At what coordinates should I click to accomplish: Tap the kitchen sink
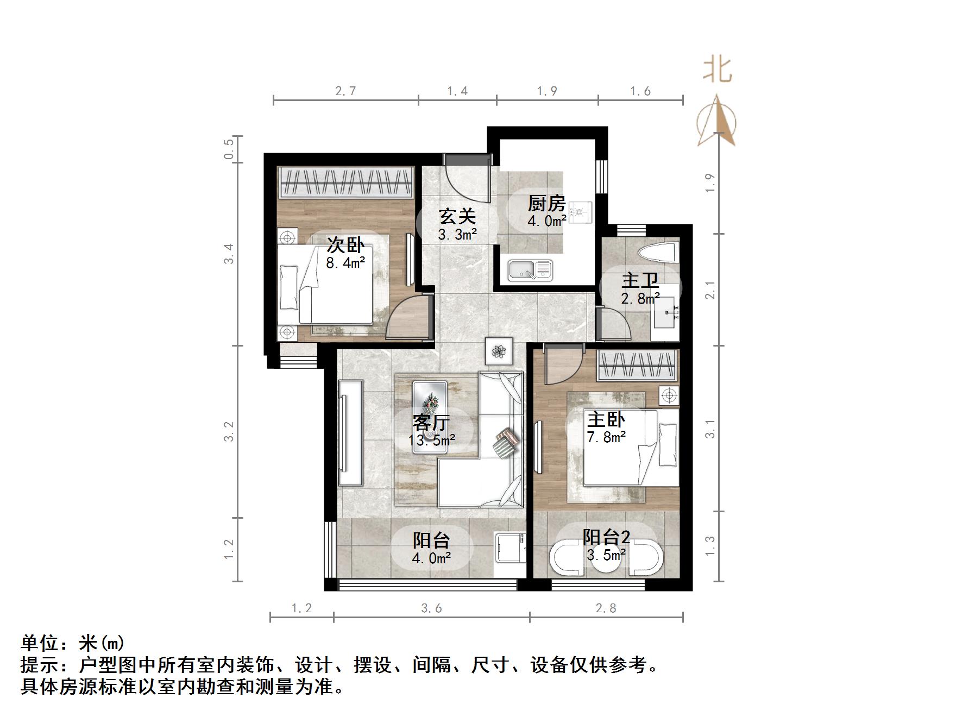[530, 270]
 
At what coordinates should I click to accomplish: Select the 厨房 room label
[547, 204]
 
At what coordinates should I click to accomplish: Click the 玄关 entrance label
[457, 216]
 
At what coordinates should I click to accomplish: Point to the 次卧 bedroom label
[345, 245]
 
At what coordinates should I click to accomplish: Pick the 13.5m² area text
[432, 439]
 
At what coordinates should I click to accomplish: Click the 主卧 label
[606, 419]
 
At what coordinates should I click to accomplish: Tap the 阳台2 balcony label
[606, 537]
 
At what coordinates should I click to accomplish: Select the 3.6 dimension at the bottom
[431, 608]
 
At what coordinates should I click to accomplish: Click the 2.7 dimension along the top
[345, 91]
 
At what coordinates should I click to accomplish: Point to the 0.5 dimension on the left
[229, 148]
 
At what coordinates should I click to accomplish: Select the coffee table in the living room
[430, 413]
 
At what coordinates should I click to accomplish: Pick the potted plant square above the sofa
[499, 352]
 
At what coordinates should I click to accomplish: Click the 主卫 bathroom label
[640, 281]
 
